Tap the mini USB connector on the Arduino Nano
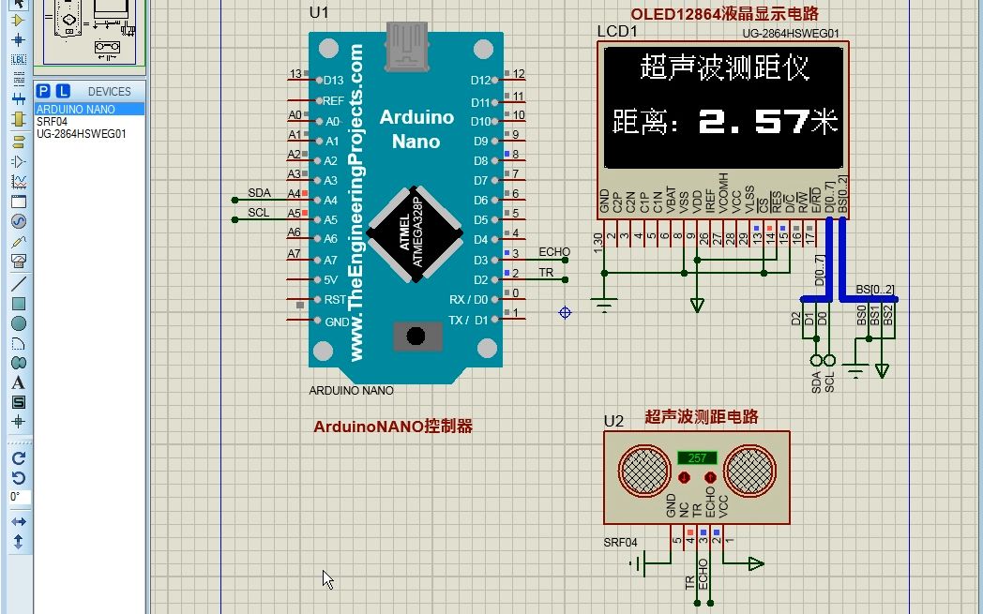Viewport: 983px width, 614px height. click(406, 46)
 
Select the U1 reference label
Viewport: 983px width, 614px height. click(319, 12)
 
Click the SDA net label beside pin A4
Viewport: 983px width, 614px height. click(259, 192)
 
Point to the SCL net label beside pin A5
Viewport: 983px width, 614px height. click(259, 213)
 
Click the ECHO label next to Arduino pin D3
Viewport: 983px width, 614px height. click(554, 252)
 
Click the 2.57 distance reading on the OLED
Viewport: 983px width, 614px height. click(754, 121)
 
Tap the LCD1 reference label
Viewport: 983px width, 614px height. click(617, 33)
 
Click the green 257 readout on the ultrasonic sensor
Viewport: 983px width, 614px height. click(697, 458)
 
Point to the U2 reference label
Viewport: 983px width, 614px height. click(613, 421)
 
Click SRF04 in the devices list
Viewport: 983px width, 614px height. click(53, 122)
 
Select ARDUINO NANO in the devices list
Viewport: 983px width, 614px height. click(76, 110)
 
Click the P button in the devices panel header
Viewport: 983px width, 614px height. click(43, 91)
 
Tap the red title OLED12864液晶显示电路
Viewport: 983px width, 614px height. click(724, 13)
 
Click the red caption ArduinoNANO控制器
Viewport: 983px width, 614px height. click(393, 427)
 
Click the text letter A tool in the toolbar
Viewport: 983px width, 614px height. click(18, 383)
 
